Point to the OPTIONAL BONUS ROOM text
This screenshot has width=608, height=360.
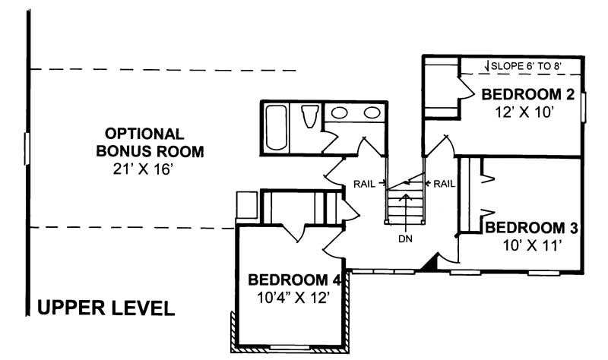150,141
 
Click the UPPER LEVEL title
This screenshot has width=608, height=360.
106,308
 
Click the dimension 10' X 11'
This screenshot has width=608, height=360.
532,245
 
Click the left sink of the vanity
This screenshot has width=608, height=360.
340,114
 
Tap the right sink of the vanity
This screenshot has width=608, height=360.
371,114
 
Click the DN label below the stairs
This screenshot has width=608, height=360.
407,237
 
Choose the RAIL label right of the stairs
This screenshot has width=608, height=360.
444,183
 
